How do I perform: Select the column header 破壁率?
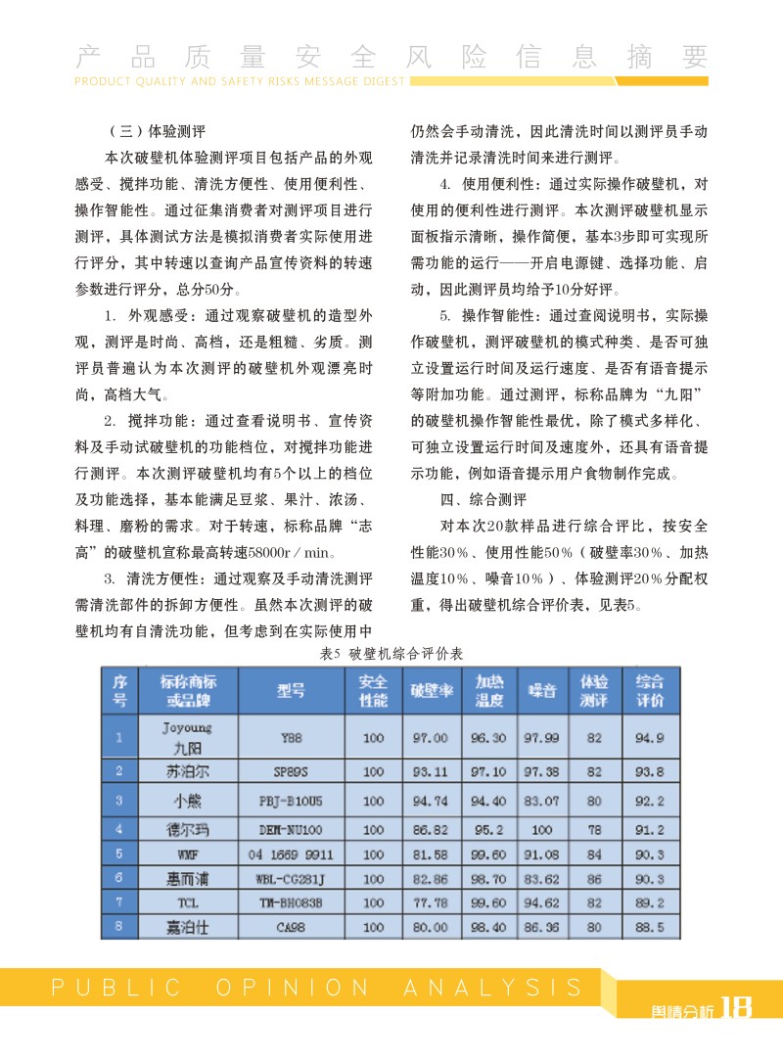[431, 691]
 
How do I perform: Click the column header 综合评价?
[650, 691]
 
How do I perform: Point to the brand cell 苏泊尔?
[187, 771]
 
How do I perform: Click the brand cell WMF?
[187, 854]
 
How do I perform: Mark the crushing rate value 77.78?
[431, 902]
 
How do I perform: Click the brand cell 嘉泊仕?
[187, 926]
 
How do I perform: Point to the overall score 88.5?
[650, 926]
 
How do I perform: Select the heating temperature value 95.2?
[488, 829]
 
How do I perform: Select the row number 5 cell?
[118, 854]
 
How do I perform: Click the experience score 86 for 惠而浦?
[594, 879]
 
